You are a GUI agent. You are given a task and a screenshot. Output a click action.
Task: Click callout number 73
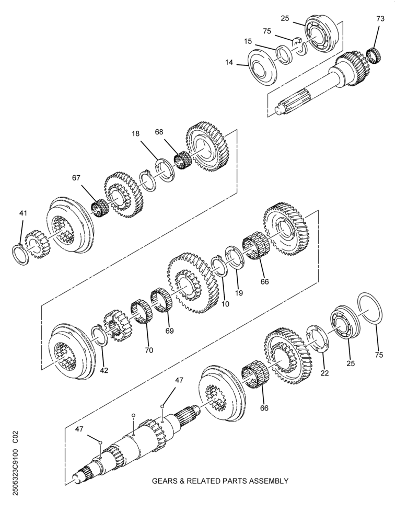coord(380,19)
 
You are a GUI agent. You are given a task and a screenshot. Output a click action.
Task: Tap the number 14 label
coord(229,62)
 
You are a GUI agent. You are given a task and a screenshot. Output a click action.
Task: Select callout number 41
coord(23,213)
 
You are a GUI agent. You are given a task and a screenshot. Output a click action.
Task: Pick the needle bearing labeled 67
coord(99,208)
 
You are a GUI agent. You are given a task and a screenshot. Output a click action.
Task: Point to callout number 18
coord(135,134)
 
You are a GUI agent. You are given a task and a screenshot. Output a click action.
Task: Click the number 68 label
coord(159,132)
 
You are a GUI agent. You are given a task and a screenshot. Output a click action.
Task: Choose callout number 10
coord(225,304)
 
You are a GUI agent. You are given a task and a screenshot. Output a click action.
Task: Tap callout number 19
coord(239,293)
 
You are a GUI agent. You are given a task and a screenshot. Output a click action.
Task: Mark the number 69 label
coord(170,331)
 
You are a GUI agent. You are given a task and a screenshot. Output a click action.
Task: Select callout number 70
coord(149,350)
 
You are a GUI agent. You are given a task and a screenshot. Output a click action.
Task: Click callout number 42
coord(104,370)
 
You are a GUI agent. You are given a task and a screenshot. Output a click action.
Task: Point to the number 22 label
coord(324,373)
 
